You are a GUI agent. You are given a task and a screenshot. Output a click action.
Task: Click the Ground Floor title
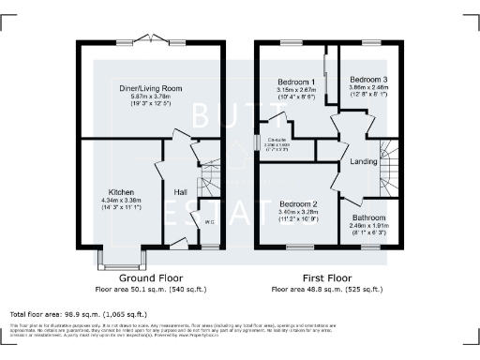151,278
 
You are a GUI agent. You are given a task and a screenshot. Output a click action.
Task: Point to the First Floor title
327,278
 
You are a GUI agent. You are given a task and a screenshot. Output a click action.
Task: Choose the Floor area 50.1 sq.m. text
151,291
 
